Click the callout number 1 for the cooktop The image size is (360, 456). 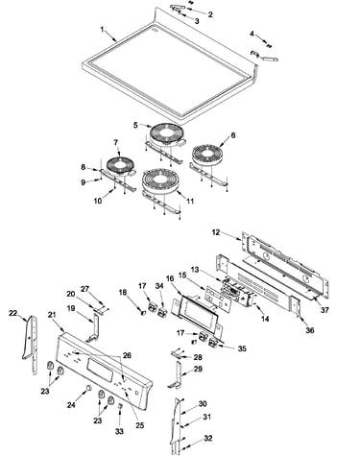(x=103, y=30)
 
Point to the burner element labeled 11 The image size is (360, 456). (x=159, y=180)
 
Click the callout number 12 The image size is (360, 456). (x=216, y=232)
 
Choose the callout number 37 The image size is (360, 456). (x=324, y=310)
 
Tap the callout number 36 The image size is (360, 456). (x=310, y=330)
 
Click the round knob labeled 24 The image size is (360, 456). (x=88, y=388)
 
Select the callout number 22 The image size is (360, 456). (x=12, y=313)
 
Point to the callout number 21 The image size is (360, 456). (x=52, y=315)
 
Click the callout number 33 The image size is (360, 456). (x=119, y=431)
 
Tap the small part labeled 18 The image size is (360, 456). (x=144, y=312)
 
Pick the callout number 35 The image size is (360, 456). (x=242, y=348)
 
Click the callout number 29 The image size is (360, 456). (x=198, y=369)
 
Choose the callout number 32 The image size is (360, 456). (x=208, y=438)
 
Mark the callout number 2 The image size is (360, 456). (x=210, y=14)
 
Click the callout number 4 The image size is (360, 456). (x=252, y=34)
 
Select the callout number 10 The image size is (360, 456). (x=98, y=201)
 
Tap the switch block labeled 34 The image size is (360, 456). (x=162, y=311)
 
